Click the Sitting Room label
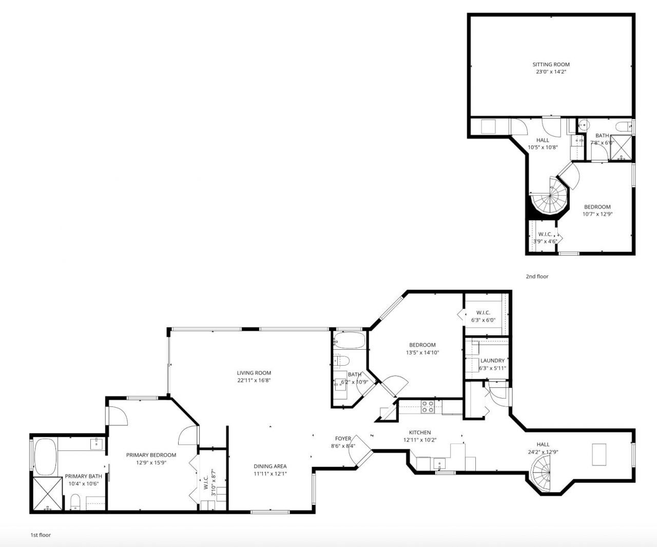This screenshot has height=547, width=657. coord(551,65)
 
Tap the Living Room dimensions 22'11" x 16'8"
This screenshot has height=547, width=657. coord(254,381)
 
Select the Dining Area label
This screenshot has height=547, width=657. coord(270,466)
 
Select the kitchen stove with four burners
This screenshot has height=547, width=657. coord(428,407)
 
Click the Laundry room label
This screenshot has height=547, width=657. coord(492,361)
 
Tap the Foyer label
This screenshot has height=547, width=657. coord(343,439)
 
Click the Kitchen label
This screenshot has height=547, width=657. coord(420,432)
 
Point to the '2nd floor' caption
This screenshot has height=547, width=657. coord(537,276)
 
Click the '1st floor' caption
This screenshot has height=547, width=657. coord(41,535)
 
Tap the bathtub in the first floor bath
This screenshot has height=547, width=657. coord(349,341)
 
